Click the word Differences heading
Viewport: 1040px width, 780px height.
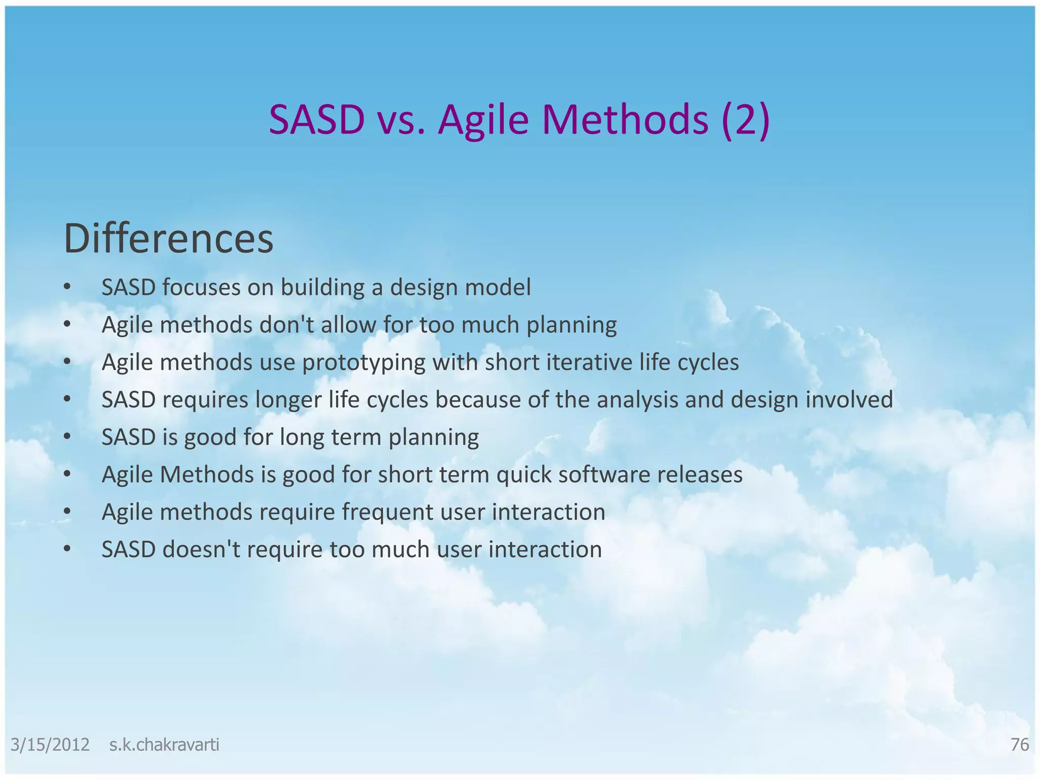[169, 239]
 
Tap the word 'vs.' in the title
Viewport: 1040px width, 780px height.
[401, 120]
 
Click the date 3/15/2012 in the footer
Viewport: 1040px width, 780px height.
[50, 745]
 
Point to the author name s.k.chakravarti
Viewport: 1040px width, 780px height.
[164, 745]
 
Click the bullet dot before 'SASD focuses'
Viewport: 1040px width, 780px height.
[67, 287]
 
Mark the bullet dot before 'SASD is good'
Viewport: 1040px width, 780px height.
[67, 437]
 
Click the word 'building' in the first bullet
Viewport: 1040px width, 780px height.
[322, 288]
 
